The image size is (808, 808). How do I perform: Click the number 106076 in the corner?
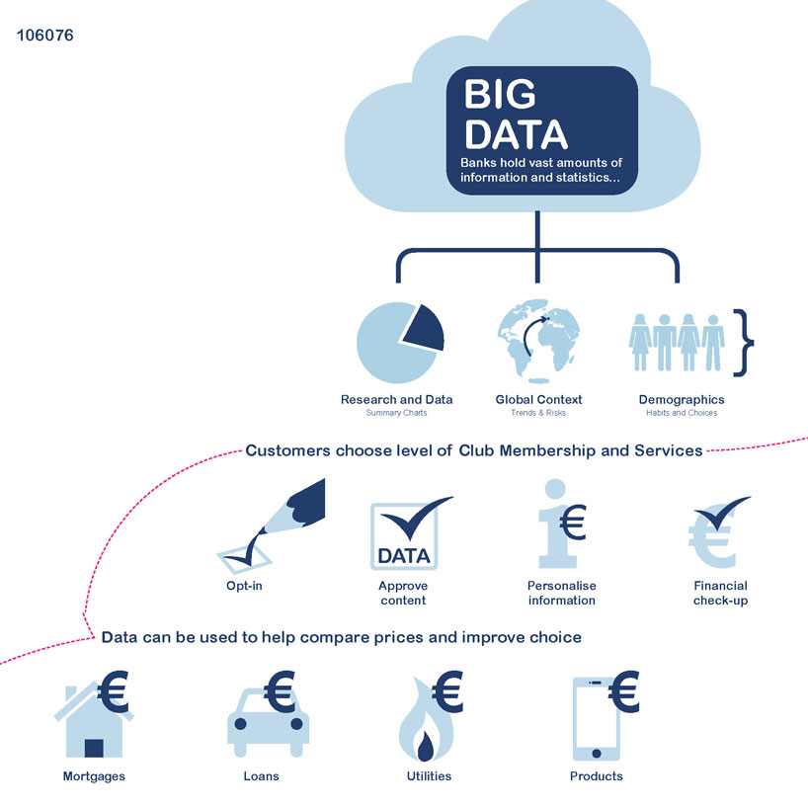[45, 36]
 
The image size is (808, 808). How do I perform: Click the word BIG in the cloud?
[500, 95]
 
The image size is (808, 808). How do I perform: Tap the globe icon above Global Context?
[538, 341]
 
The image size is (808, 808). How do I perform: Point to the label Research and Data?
[396, 400]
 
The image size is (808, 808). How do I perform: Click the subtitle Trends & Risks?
[538, 413]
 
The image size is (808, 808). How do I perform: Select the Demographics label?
[682, 400]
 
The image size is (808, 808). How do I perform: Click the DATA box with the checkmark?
[403, 536]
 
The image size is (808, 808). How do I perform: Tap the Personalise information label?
[561, 593]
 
